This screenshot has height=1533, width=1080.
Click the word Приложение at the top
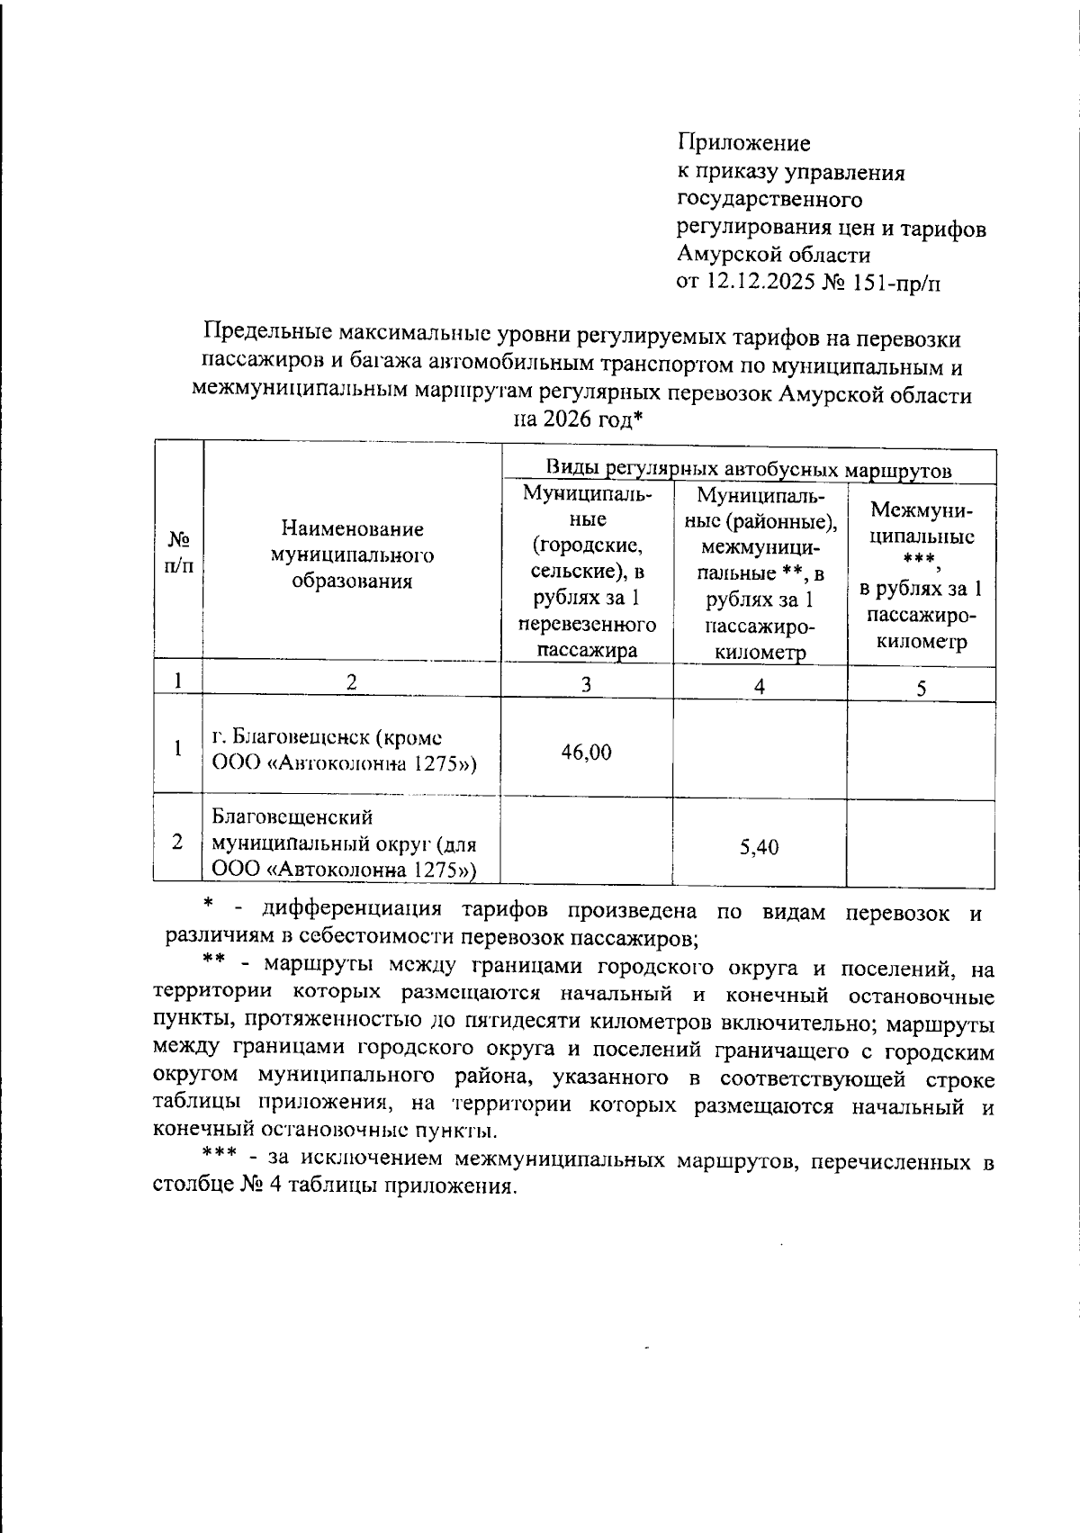[x=743, y=143]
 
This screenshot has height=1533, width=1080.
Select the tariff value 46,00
[x=586, y=752]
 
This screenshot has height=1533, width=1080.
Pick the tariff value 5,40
[x=759, y=847]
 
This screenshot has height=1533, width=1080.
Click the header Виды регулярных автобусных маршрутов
[x=748, y=470]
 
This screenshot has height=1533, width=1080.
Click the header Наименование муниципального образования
[x=352, y=555]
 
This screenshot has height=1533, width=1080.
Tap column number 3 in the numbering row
[x=586, y=684]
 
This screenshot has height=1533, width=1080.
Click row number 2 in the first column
[x=178, y=843]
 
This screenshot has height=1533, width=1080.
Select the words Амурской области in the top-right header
[x=773, y=255]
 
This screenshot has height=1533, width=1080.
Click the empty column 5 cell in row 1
[x=921, y=750]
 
